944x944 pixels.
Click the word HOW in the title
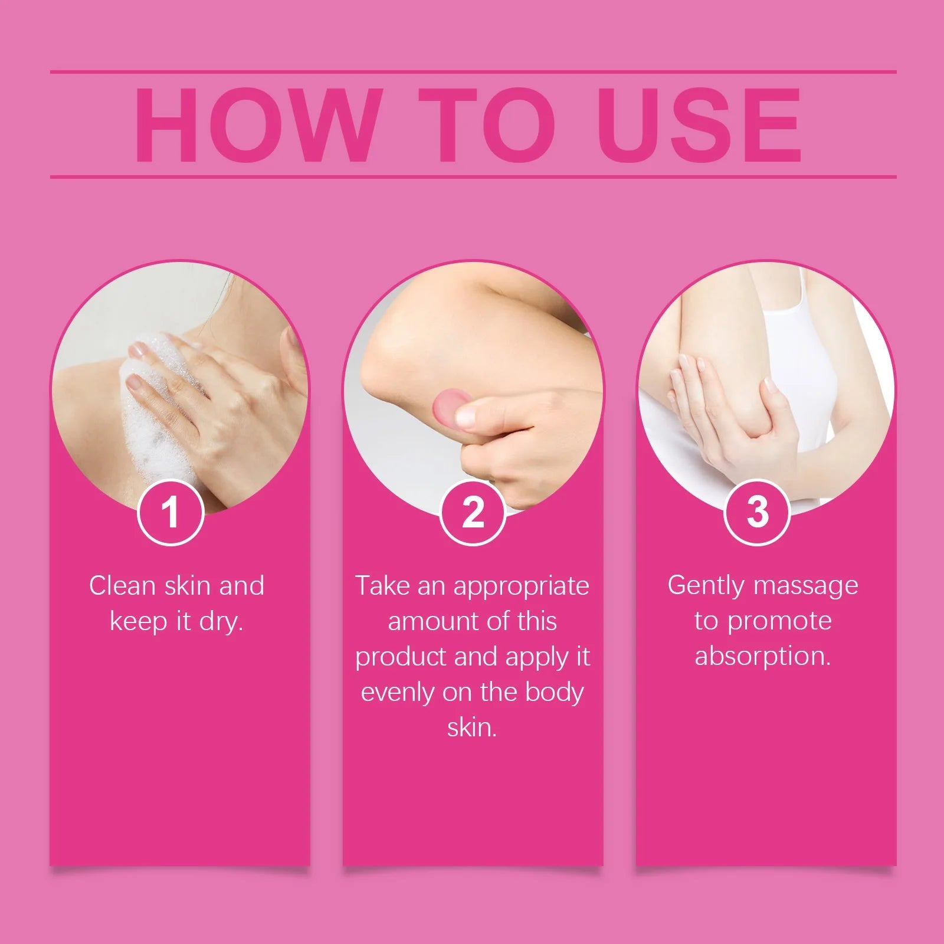point(255,125)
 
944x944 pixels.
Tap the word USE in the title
point(699,125)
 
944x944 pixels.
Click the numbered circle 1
point(171,512)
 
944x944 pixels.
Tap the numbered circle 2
point(473,512)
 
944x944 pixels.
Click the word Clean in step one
point(122,586)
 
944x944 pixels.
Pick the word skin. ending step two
point(472,727)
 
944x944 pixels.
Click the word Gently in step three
point(706,586)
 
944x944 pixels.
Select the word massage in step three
point(806,586)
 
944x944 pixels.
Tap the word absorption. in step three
point(762,656)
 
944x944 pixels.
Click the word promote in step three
point(779,621)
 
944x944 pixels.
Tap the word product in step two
point(401,657)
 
